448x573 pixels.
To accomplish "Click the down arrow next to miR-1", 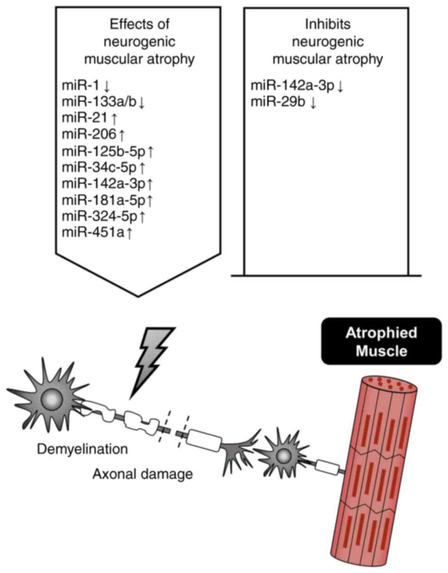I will click(107, 86).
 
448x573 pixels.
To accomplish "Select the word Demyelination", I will click(83, 449).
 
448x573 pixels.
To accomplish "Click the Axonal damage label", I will click(142, 473).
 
